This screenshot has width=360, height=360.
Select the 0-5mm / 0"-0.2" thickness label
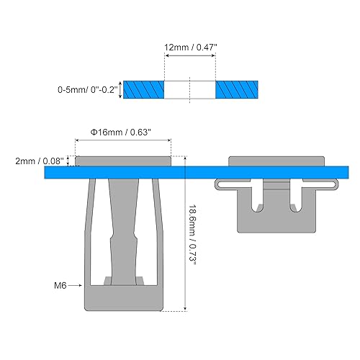[88, 91]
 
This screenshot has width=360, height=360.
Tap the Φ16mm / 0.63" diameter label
[122, 132]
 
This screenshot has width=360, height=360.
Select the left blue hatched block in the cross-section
[144, 89]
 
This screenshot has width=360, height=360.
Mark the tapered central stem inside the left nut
[123, 223]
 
